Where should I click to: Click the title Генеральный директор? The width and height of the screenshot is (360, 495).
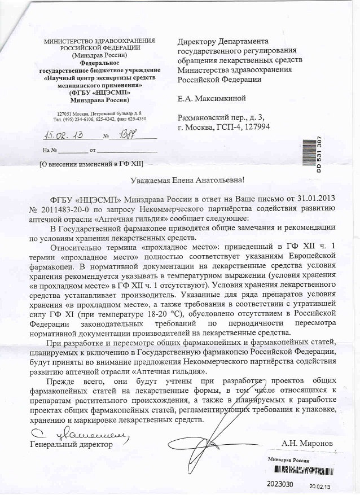click(x=71, y=444)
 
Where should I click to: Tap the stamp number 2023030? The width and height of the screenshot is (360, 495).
click(x=279, y=484)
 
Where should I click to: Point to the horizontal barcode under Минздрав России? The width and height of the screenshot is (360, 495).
click(x=301, y=469)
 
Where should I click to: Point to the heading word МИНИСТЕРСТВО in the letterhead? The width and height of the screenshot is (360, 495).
click(x=69, y=42)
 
